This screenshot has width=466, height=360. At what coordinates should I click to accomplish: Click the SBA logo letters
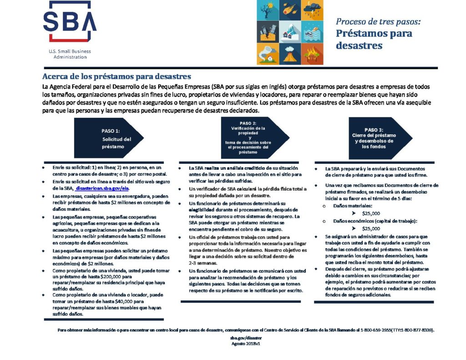pyautogui.click(x=69, y=21)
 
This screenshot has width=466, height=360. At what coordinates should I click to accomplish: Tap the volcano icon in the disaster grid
pyautogui.click(x=290, y=53)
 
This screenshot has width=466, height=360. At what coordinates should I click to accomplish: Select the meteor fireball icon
pyautogui.click(x=290, y=10)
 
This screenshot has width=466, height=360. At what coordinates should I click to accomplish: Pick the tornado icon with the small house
pyautogui.click(x=268, y=53)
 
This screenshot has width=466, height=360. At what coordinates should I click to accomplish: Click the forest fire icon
pyautogui.click(x=312, y=53)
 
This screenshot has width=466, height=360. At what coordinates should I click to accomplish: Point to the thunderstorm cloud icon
pyautogui.click(x=312, y=10)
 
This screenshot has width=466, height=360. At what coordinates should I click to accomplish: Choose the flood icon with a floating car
pyautogui.click(x=312, y=31)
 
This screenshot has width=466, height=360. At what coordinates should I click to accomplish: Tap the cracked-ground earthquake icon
pyautogui.click(x=268, y=31)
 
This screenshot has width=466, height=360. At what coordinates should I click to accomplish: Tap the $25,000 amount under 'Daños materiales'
pyautogui.click(x=371, y=213)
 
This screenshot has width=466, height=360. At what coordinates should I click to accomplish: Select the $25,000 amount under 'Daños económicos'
pyautogui.click(x=371, y=228)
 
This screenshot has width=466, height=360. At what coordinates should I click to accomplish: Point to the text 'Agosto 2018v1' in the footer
pyautogui.click(x=246, y=344)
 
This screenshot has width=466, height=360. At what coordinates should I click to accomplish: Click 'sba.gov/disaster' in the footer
pyautogui.click(x=246, y=339)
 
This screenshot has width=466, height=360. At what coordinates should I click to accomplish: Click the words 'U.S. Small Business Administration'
pyautogui.click(x=70, y=54)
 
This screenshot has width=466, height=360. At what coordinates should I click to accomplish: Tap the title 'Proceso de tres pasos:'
pyautogui.click(x=378, y=21)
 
